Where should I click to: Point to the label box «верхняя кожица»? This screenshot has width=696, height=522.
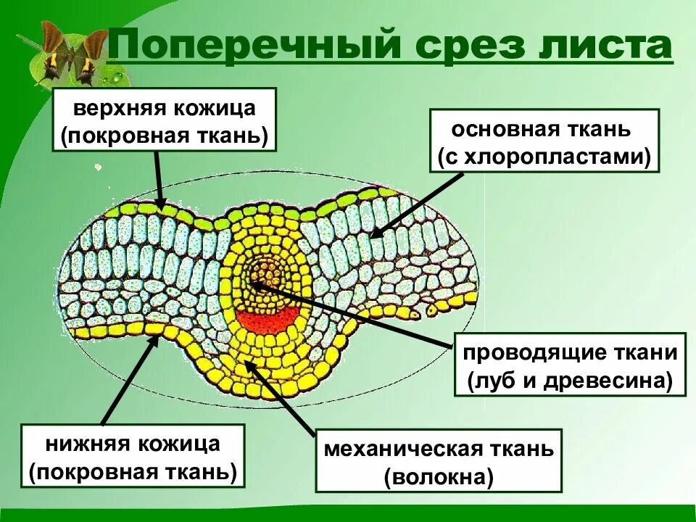click(165, 120)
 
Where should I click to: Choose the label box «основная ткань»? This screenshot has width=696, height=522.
click(544, 141)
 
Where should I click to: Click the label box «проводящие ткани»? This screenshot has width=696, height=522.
click(570, 365)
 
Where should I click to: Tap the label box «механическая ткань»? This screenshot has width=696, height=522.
click(439, 460)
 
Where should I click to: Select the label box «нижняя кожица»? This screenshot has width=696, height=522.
click(133, 455)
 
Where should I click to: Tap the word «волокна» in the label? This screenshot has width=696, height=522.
click(439, 476)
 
